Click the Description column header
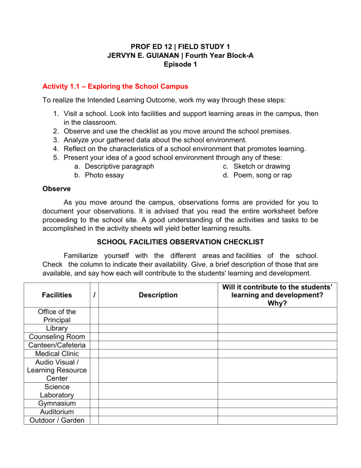point(158,295)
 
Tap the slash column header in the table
point(94,295)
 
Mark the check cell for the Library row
point(94,328)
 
